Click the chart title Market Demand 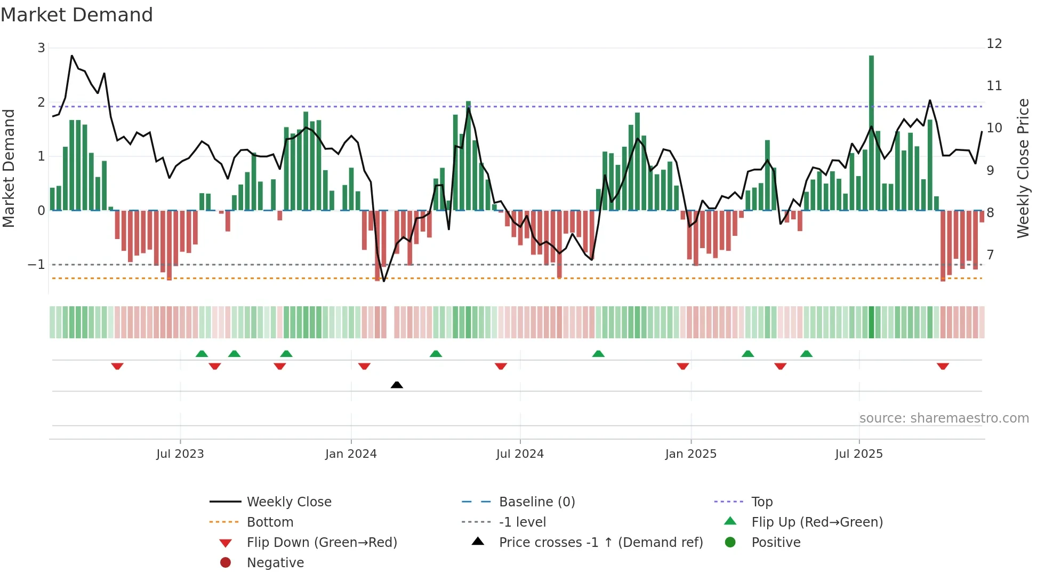point(77,15)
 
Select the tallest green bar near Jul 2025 point(871,133)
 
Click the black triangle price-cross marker point(397,385)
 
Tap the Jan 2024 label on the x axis point(351,454)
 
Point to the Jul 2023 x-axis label point(180,454)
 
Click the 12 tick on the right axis point(994,44)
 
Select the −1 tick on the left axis point(36,265)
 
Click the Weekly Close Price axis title point(1023,168)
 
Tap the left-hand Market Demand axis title point(9,168)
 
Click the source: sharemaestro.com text point(944,418)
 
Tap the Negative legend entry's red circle point(226,563)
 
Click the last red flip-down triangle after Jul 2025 point(943,366)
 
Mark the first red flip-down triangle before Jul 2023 point(117,366)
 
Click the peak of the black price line point(72,55)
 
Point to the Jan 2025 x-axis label point(691,454)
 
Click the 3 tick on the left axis point(41,48)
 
